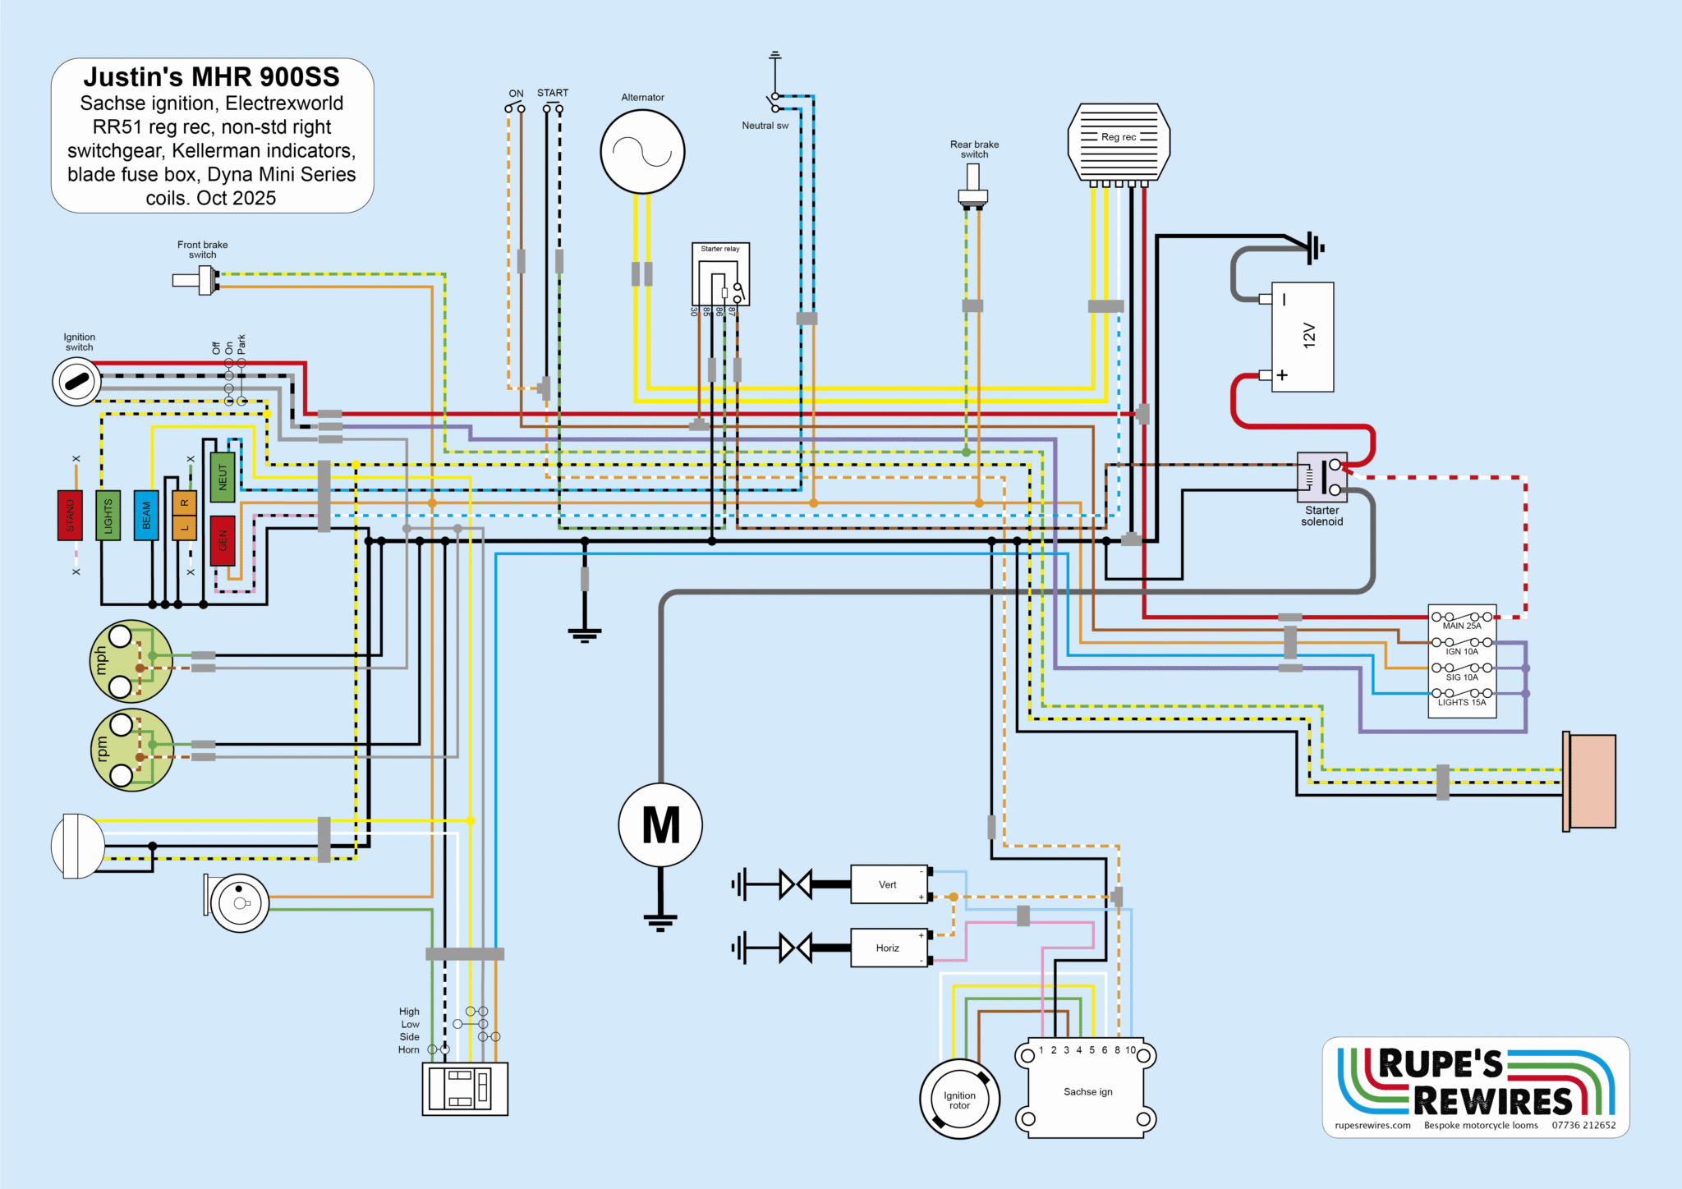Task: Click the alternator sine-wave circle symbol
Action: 642,152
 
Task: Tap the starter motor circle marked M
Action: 660,824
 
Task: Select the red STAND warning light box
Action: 70,515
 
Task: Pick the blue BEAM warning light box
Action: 146,515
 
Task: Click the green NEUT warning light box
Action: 223,477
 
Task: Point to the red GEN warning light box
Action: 223,540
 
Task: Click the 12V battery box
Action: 1303,337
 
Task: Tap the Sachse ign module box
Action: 1087,1091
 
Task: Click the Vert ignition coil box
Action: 888,884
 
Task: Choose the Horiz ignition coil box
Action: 888,948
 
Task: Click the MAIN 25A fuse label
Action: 1462,626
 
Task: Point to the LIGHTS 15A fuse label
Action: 1462,702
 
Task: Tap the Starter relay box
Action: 720,274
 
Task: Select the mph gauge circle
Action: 131,660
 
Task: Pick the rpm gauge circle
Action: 131,749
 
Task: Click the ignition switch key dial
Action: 77,381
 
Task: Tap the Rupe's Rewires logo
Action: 1476,1086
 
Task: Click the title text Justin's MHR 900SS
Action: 211,77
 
